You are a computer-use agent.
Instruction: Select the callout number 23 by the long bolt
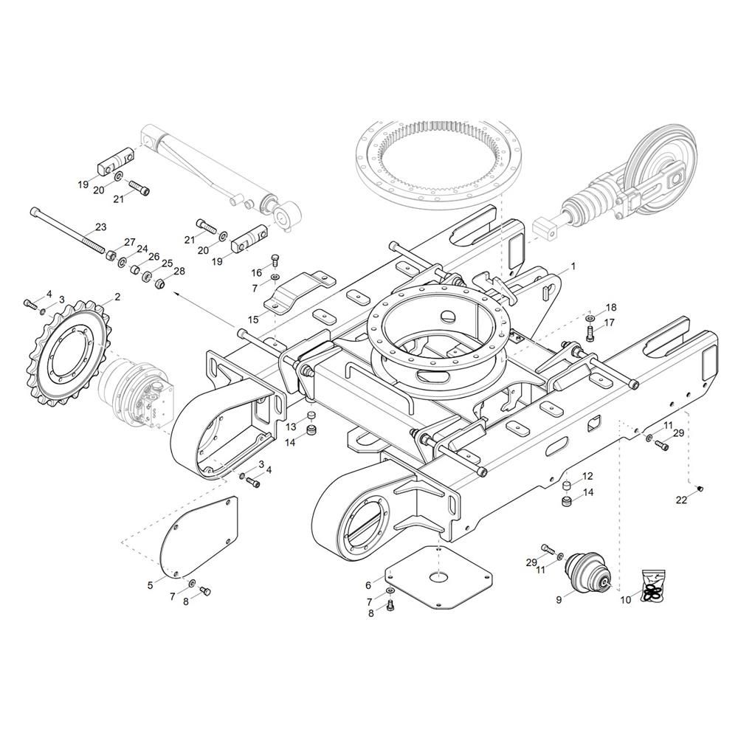coord(100,227)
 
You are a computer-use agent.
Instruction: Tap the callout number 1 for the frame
coord(573,266)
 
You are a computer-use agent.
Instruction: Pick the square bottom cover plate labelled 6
coord(438,577)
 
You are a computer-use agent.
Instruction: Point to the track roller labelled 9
coord(587,570)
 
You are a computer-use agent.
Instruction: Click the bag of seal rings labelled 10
coord(653,586)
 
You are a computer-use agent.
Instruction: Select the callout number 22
coord(681,500)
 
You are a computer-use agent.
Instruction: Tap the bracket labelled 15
coord(300,292)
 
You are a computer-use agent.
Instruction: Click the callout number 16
coord(256,274)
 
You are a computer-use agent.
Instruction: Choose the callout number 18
coord(611,308)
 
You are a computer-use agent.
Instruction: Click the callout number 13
coord(292,427)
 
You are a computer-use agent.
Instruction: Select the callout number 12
coord(587,476)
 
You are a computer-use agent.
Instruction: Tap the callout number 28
coord(179,272)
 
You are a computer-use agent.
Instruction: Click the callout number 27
coord(129,242)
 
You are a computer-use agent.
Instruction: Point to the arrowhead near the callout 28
coord(177,293)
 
